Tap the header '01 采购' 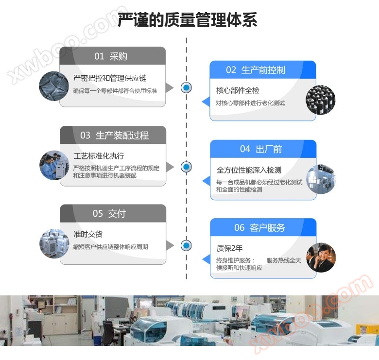[112, 56]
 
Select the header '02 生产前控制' [262, 70]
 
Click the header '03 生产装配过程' [114, 136]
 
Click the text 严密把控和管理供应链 [110, 78]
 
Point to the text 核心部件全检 [238, 90]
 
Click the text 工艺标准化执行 [99, 156]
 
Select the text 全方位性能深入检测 [249, 170]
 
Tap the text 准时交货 [88, 234]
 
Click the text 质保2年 [229, 248]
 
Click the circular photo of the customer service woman [321, 257]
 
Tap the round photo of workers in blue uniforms [53, 165]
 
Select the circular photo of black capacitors [320, 101]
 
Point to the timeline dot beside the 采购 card [186, 88]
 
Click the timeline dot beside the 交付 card [186, 245]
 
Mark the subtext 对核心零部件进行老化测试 [250, 103]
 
